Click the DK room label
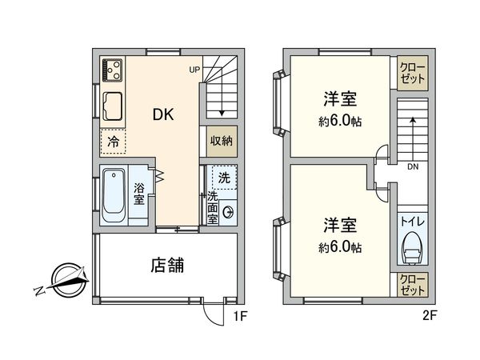click(x=164, y=114)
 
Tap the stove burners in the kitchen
click(x=111, y=70)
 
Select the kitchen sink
click(x=111, y=105)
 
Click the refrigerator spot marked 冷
click(x=113, y=141)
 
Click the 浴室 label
click(x=138, y=193)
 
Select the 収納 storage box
click(x=222, y=141)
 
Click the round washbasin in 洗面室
click(x=229, y=212)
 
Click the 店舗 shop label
click(x=166, y=264)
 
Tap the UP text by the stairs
click(x=194, y=70)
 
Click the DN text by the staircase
click(x=413, y=167)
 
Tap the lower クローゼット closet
click(x=413, y=285)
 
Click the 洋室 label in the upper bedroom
click(x=340, y=99)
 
